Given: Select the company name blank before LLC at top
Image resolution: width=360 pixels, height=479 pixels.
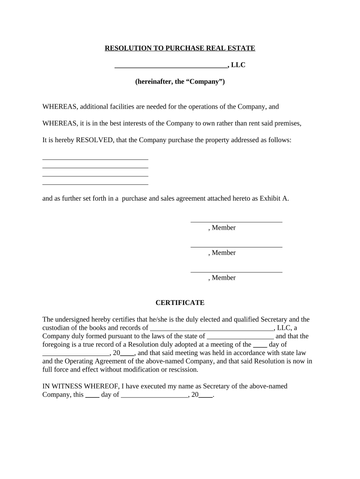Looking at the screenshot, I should point(171,66).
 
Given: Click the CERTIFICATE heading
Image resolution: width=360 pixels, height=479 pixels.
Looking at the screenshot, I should point(180,303).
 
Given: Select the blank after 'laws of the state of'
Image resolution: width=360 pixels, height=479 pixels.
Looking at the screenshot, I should point(240,336).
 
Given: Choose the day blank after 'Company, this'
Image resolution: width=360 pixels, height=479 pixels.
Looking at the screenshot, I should point(93,395).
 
